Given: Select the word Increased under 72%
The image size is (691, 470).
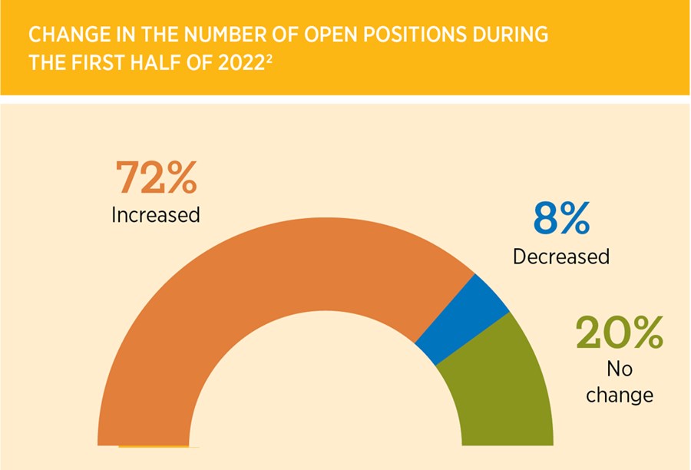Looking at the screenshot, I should point(156,214).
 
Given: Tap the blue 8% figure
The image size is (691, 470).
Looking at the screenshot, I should point(561,219).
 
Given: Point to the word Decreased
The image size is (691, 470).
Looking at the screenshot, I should point(561,256).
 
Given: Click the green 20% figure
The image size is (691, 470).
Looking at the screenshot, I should point(619,333).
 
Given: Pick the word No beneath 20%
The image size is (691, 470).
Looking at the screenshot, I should point(619,369).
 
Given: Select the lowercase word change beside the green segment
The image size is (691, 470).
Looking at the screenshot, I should point(619,396).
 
